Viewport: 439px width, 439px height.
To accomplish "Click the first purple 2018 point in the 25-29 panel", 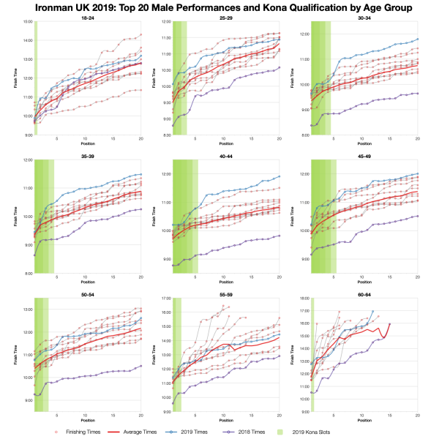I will (173, 125).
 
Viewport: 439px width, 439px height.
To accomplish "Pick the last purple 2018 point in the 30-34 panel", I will (418, 93).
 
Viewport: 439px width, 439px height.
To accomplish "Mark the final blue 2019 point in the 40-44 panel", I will (279, 176).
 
